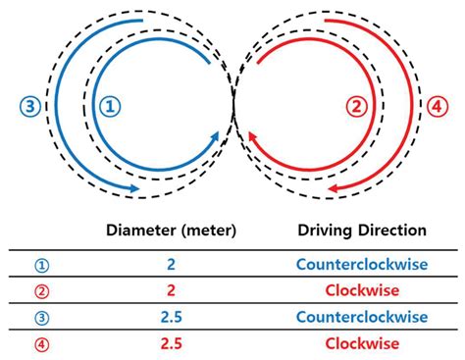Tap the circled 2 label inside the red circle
358,104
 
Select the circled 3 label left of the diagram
29,104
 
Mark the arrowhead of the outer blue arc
131,187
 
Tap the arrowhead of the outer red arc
335,187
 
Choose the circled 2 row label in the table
40,289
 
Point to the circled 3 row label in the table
40,316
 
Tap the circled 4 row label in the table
40,343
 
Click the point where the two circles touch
233,104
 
